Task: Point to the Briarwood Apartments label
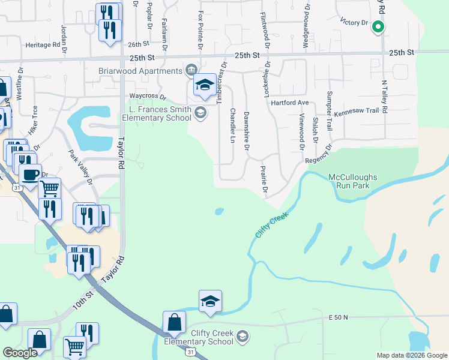pos(140,71)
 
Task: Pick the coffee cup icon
pos(30,175)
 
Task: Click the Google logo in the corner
pos(20,353)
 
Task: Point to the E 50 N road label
pos(339,316)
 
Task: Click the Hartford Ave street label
pos(301,103)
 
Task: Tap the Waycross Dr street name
pos(147,96)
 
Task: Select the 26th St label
pos(137,44)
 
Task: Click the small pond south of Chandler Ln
pos(219,211)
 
